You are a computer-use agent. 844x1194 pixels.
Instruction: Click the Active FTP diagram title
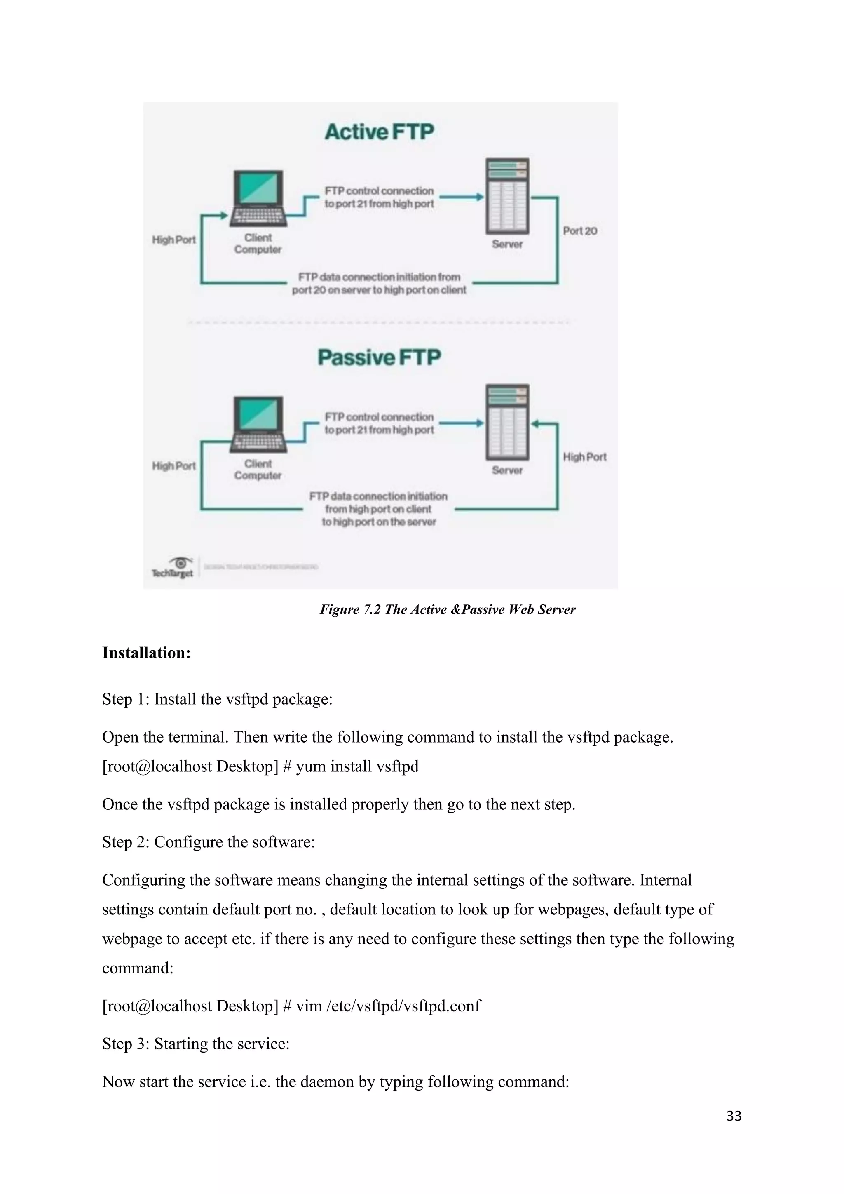(380, 132)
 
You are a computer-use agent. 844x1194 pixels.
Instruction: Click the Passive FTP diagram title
(380, 357)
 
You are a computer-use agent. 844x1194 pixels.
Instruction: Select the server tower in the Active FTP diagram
(507, 196)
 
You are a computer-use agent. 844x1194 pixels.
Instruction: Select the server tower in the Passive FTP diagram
(507, 422)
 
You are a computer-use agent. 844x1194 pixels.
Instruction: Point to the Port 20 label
(580, 231)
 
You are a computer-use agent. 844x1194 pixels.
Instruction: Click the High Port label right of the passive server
(585, 457)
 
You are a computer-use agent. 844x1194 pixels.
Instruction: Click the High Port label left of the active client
(173, 240)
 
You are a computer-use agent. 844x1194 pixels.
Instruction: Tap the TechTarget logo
(173, 567)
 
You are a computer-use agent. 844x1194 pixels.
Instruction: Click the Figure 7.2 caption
(448, 609)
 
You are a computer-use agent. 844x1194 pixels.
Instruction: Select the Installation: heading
(147, 653)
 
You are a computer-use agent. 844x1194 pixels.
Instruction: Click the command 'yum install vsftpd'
(357, 766)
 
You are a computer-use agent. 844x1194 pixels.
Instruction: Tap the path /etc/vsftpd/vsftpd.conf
(404, 1006)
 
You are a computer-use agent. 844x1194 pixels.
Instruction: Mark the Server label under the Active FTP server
(507, 244)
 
